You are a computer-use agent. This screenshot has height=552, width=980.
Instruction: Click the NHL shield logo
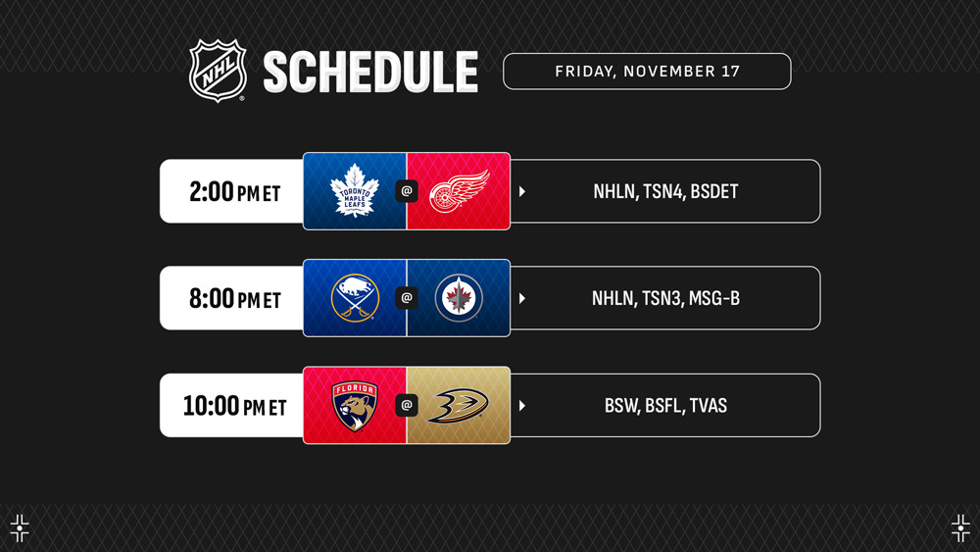point(218,71)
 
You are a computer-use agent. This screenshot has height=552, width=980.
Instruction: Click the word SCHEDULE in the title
point(370,72)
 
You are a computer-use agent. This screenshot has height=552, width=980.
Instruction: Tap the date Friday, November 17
point(647,72)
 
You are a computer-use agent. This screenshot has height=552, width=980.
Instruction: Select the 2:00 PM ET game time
point(235,192)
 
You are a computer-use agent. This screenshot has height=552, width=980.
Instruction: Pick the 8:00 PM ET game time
point(235,299)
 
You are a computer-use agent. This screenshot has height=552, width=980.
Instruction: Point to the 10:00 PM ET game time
point(234,406)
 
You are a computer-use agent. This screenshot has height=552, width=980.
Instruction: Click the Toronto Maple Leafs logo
point(355,190)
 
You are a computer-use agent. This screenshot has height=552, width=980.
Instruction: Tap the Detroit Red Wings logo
point(460,190)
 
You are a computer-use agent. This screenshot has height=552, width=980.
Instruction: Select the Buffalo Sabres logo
point(355,298)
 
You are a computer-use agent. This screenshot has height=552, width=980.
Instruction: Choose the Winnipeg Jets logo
point(459,298)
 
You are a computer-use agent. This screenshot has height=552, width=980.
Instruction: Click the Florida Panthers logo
point(355,406)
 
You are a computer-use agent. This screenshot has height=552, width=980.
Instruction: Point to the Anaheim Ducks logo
point(458,406)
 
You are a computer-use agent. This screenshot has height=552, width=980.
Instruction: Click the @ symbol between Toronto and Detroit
point(407,191)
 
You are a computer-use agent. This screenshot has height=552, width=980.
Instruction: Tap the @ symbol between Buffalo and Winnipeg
point(407,298)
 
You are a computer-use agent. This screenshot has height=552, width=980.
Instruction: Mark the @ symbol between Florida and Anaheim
point(407,405)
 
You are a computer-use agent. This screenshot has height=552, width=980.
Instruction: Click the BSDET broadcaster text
point(714,191)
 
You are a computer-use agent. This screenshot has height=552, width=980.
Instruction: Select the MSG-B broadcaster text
point(714,298)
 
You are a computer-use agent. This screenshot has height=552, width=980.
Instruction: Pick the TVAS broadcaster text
point(709,406)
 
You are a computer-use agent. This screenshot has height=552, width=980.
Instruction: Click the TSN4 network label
point(663,191)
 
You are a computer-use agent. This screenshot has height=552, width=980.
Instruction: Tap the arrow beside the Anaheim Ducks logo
point(522,406)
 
